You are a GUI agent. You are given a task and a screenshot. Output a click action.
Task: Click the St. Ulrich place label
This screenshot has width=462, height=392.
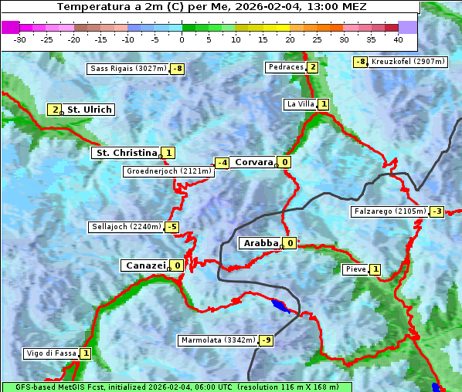(89, 110)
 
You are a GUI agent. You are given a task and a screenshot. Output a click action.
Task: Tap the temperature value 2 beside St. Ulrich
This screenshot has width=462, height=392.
(55, 110)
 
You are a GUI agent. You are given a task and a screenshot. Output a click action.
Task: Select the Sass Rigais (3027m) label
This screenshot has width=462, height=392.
(128, 69)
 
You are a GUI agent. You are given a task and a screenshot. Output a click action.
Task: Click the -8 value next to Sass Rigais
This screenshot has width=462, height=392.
(178, 69)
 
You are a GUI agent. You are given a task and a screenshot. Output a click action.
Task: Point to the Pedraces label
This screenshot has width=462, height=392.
(285, 67)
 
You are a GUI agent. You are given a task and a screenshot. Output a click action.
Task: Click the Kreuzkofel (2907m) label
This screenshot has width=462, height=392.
(407, 61)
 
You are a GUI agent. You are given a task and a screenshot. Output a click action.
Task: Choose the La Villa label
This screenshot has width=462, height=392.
(300, 103)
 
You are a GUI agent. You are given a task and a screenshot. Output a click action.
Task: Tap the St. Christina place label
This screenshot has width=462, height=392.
(126, 153)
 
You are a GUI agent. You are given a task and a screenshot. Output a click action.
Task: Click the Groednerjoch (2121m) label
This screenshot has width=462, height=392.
(168, 171)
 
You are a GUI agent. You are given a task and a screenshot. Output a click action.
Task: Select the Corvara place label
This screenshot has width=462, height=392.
(253, 162)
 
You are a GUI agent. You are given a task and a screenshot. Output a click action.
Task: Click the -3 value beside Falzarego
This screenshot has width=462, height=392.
(437, 211)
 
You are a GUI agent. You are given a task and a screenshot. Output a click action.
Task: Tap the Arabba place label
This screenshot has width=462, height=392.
(260, 243)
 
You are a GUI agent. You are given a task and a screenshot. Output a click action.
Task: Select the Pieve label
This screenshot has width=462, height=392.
(355, 269)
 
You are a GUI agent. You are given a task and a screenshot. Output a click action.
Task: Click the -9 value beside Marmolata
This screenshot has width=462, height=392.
(266, 340)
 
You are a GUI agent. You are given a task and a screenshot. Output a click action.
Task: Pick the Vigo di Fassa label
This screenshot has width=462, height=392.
(52, 353)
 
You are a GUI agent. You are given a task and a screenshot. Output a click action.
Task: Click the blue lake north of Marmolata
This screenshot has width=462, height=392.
(280, 306)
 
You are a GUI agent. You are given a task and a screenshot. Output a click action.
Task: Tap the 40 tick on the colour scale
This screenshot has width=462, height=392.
(398, 39)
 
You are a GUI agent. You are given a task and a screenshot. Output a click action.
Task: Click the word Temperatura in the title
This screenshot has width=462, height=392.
(93, 6)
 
